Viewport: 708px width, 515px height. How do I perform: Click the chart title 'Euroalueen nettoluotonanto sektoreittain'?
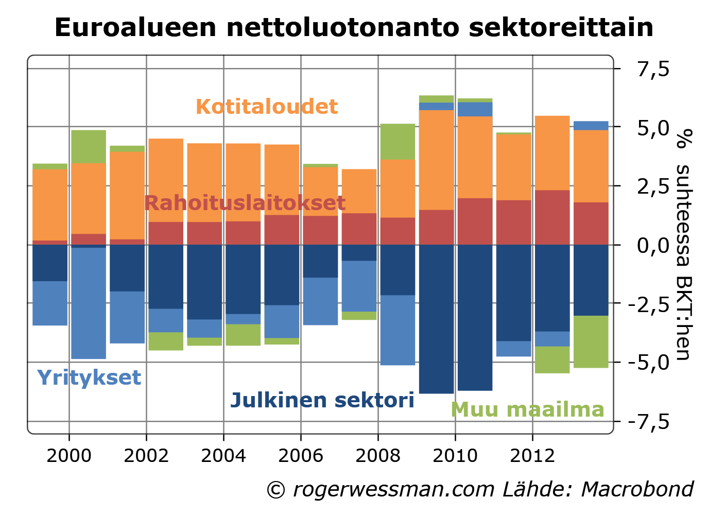pos(354,27)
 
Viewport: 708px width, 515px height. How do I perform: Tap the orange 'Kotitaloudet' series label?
pos(267,107)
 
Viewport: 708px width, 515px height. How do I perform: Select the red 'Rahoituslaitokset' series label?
pos(245,203)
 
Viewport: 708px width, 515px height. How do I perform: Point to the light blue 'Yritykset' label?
pos(89,377)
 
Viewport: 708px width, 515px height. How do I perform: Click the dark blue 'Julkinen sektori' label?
pos(322,400)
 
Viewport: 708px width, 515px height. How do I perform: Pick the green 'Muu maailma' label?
pos(527,409)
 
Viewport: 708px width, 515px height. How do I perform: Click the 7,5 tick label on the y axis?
pos(653,68)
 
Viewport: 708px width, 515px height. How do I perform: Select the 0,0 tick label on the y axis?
pos(653,245)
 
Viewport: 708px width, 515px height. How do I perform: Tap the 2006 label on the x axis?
pos(301,456)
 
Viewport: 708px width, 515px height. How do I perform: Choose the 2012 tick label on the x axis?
pos(532,456)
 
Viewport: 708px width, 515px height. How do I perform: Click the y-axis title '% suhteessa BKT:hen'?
pos(683,245)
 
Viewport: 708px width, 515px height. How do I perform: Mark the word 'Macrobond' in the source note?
pos(637,489)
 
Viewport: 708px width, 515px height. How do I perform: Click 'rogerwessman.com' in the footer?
pos(393,489)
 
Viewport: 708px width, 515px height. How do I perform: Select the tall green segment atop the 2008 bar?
pos(398,141)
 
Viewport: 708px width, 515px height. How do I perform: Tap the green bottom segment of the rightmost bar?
pos(591,341)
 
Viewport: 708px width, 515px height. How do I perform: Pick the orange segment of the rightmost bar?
pos(591,166)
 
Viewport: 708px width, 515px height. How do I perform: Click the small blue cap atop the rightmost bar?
pos(591,125)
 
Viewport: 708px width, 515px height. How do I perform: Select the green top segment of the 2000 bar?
pos(89,146)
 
